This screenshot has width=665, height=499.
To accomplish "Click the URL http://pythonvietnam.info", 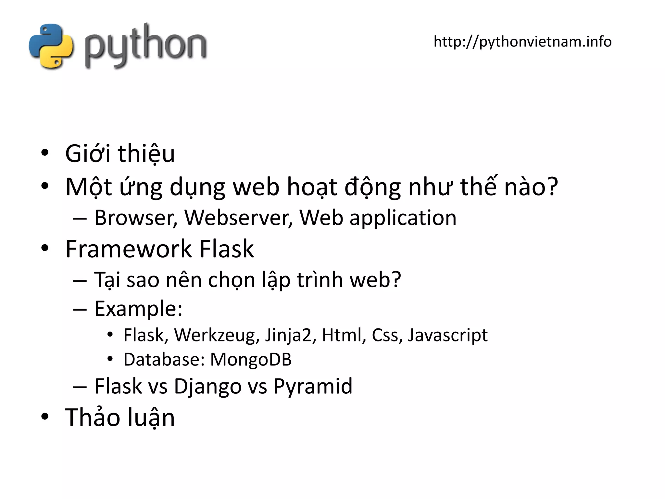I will click(522, 42).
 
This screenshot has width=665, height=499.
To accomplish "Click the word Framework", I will click(129, 249).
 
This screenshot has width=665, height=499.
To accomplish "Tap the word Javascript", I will click(447, 336).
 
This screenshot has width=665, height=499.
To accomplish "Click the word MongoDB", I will click(251, 360).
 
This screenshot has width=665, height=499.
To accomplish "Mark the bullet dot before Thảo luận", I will click(45, 416).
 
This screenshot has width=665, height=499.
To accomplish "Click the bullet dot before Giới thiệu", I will click(45, 152).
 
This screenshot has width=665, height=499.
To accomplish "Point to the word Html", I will click(342, 335).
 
